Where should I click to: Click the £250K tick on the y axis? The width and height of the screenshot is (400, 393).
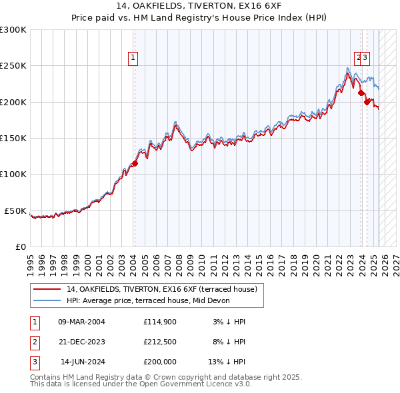13,66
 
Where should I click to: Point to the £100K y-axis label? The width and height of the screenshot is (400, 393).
13,174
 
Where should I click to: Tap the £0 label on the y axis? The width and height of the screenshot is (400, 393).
21,246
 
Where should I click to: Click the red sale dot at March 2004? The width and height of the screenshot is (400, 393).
135,163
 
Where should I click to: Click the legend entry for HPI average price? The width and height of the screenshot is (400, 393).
148,300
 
